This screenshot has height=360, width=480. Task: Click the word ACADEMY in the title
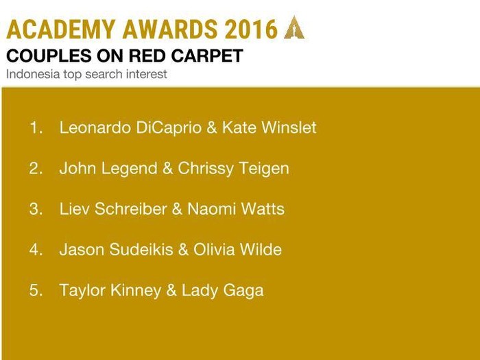click(60, 29)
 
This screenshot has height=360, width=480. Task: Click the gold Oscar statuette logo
click(294, 27)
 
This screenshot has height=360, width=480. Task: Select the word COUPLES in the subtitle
click(49, 56)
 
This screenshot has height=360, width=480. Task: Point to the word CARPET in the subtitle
click(207, 56)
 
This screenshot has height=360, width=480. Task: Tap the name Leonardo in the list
click(95, 128)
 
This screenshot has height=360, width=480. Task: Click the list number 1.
click(36, 128)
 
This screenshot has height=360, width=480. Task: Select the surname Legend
click(129, 168)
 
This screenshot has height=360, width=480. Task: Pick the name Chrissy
click(206, 168)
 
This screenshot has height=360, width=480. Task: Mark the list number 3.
click(36, 208)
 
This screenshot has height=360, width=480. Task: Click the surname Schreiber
click(131, 208)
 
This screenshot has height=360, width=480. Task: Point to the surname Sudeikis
click(141, 249)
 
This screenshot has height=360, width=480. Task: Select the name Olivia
click(214, 249)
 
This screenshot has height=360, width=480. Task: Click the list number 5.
click(36, 290)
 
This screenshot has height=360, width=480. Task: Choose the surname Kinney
click(136, 290)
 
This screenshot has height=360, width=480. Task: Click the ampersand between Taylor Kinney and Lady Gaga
click(171, 290)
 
